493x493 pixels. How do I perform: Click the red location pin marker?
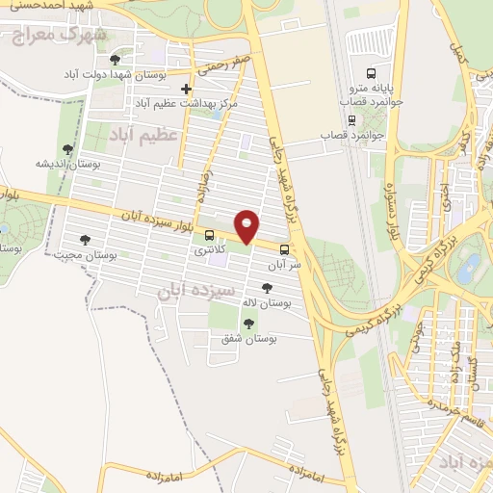(x=247, y=226)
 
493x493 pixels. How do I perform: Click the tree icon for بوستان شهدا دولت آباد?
(x=116, y=60)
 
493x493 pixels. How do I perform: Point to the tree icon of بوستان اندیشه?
(x=66, y=149)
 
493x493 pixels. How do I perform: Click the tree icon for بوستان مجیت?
(x=85, y=241)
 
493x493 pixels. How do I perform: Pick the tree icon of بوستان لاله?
(x=267, y=288)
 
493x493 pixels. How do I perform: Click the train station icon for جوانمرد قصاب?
(x=351, y=120)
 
